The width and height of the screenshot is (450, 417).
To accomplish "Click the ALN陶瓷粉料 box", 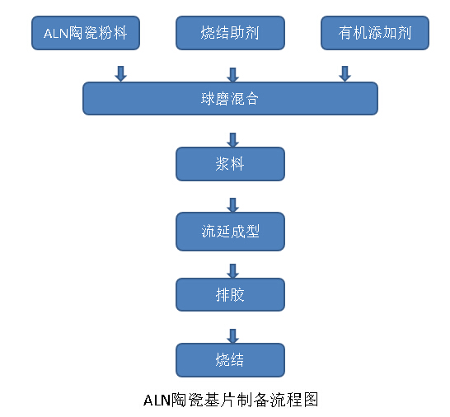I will point(86,34).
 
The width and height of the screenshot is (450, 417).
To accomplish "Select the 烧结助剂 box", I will point(230,34).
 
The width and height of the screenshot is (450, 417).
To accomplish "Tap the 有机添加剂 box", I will point(374,34).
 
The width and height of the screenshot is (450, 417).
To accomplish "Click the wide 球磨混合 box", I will point(230,99).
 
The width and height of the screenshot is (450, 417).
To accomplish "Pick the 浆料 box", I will point(230,164).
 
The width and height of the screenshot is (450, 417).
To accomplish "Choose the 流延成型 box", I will point(230,232).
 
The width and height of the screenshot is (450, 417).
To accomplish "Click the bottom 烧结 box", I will point(230,360).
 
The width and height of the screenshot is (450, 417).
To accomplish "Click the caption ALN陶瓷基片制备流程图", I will point(230,401).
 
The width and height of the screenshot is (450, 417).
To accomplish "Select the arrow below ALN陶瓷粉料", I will point(120,74).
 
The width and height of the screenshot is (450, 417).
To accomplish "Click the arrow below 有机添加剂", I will point(345,74).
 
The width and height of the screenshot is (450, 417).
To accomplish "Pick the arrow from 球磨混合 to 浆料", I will point(232,140).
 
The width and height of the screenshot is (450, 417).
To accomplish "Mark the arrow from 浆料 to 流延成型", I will point(232,205).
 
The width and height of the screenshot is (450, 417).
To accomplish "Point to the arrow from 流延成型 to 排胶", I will point(232,270).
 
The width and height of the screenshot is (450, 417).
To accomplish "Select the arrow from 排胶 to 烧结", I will point(232,335).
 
